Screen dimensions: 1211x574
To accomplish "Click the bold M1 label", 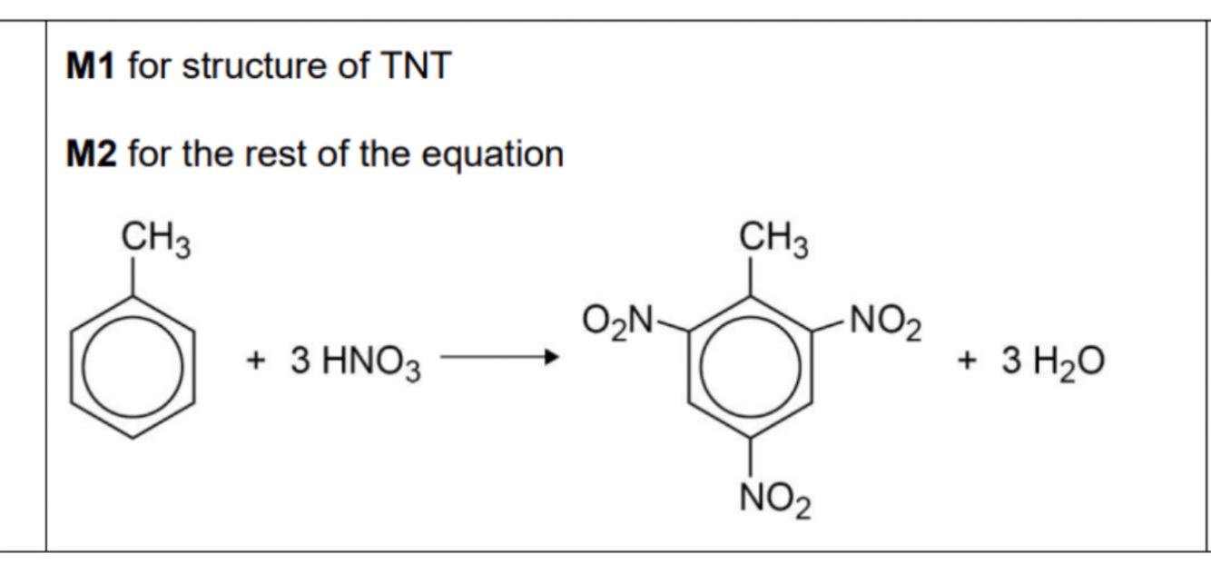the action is pyautogui.click(x=90, y=66).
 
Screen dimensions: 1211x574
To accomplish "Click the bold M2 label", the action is pyautogui.click(x=92, y=153).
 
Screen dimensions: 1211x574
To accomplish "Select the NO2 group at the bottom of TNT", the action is pyautogui.click(x=775, y=499).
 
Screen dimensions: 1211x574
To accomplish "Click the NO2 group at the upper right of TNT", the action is pyautogui.click(x=885, y=322).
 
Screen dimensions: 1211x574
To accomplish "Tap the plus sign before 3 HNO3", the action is pyautogui.click(x=256, y=361).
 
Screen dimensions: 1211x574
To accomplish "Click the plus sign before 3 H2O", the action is pyautogui.click(x=967, y=361).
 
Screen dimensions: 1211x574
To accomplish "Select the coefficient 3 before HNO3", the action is pyautogui.click(x=300, y=361).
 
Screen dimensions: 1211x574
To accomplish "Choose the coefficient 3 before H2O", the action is pyautogui.click(x=1011, y=361).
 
